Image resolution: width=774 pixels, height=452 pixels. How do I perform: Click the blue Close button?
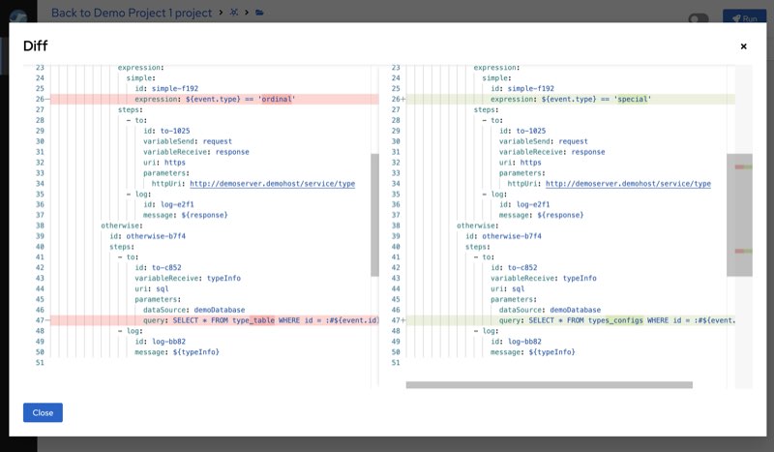(x=43, y=412)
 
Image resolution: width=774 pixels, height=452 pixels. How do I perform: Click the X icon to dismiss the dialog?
(x=743, y=46)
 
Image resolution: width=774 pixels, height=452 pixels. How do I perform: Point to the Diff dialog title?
(x=35, y=45)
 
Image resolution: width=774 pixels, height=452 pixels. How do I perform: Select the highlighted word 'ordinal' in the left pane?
(x=277, y=100)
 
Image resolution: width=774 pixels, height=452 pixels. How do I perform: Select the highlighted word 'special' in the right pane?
(x=633, y=100)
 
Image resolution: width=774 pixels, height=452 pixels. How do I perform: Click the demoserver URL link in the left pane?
(x=273, y=184)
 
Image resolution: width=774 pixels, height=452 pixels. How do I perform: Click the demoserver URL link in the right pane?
(x=628, y=184)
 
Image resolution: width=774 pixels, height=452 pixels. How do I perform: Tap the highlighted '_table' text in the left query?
(x=262, y=320)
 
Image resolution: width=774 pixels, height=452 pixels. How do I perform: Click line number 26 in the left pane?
(x=40, y=100)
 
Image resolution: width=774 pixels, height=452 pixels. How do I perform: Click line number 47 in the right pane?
(x=396, y=320)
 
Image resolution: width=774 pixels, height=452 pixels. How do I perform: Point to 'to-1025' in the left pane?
(x=175, y=131)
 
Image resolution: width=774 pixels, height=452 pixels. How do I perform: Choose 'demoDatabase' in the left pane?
(x=220, y=310)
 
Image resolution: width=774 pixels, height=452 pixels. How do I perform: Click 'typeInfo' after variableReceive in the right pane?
(x=580, y=278)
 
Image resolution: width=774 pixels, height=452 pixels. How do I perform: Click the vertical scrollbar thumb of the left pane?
(x=374, y=215)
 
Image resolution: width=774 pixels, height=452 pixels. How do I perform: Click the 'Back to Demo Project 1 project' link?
(x=132, y=13)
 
